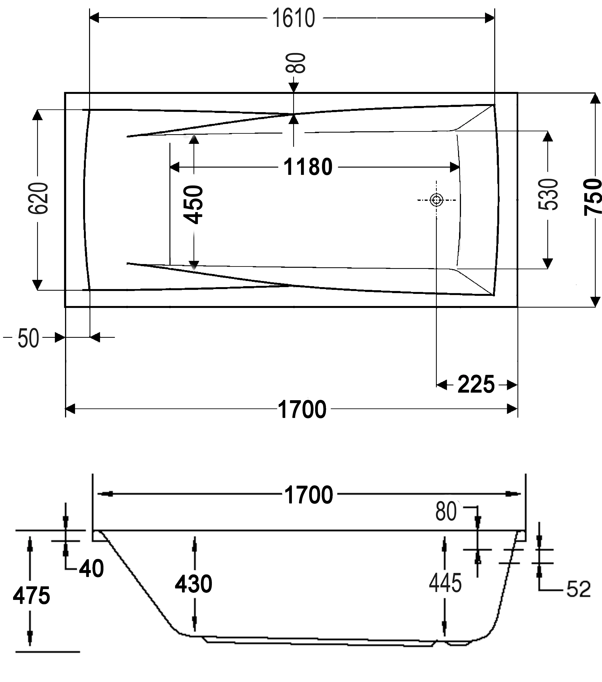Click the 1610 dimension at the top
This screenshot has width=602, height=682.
[x=294, y=18]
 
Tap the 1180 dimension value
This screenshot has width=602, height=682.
[x=308, y=167]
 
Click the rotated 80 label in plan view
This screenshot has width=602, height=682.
[x=296, y=63]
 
